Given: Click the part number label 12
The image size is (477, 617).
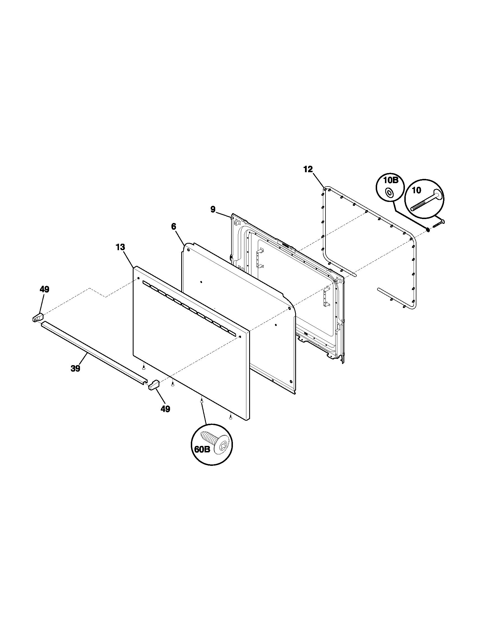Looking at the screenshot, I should (x=308, y=169).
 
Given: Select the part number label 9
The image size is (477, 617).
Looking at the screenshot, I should (x=213, y=209).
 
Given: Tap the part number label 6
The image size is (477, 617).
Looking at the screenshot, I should (x=173, y=226).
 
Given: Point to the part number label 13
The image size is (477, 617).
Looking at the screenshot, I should (x=120, y=247).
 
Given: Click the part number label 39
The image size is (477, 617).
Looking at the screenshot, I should (x=75, y=369).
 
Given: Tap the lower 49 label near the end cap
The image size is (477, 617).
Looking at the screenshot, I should (x=165, y=409).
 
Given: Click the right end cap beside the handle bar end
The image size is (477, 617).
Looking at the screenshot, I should (x=154, y=385).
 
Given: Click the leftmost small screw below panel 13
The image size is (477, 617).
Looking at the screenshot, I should (x=144, y=367).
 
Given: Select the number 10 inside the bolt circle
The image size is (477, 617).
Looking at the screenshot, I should (x=416, y=190).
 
